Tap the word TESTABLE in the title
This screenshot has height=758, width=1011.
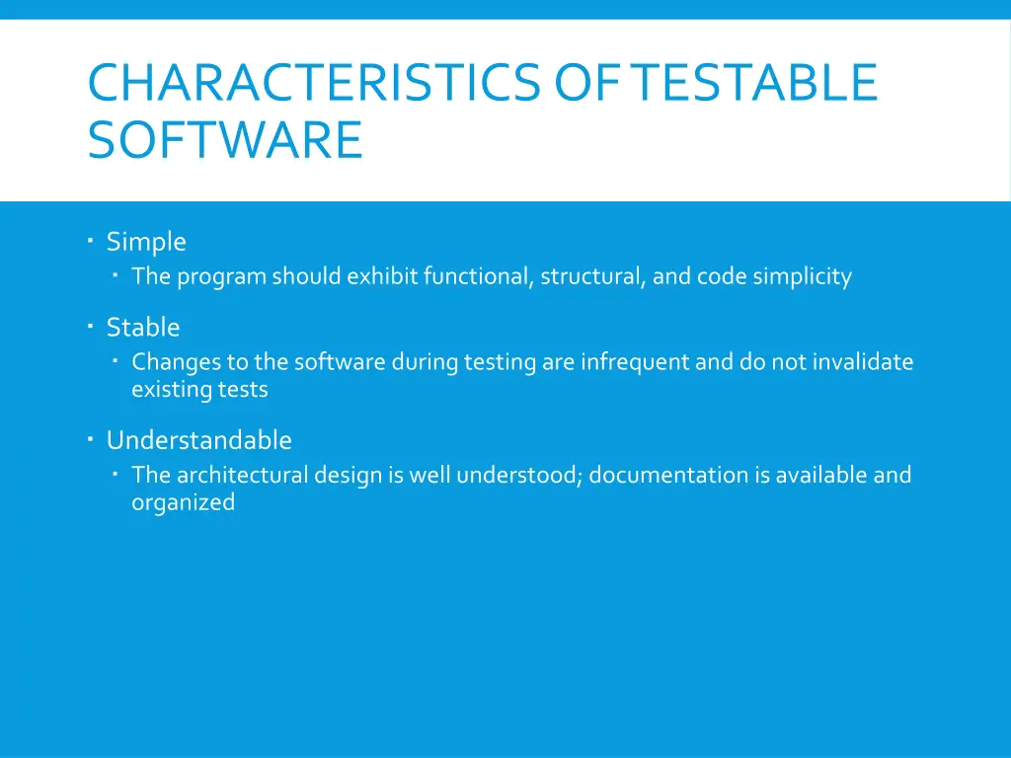pos(755,83)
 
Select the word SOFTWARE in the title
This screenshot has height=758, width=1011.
pos(225,140)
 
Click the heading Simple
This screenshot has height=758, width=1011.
pos(146,242)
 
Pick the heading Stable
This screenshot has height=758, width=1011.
pos(143,327)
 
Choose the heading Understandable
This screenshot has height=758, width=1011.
pos(199,440)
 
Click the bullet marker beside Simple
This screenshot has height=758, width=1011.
pos(89,240)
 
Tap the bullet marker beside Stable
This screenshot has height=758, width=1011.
pos(89,325)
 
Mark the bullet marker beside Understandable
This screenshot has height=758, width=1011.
pos(89,438)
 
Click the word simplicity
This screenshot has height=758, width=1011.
pos(802,277)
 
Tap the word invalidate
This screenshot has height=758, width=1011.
pos(863,362)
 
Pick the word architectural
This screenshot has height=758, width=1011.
pos(242,476)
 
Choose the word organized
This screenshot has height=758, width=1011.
pos(184,503)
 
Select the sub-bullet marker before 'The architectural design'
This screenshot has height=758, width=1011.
pos(117,474)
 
